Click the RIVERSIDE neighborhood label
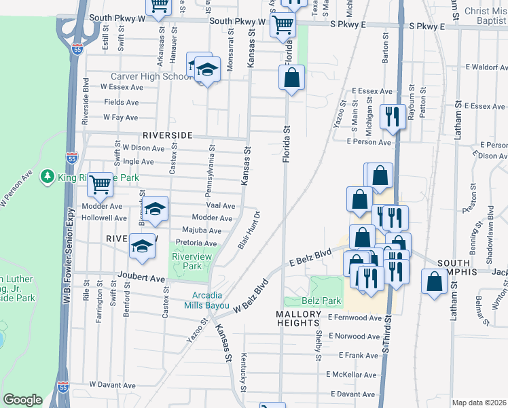tap(168, 135)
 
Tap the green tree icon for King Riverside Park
tap(48, 177)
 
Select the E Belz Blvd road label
tap(310, 258)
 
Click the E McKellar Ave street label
tap(352, 375)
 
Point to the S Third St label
tap(388, 333)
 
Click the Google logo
tap(22, 400)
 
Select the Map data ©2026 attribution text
tap(479, 403)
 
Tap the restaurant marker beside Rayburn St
tap(392, 116)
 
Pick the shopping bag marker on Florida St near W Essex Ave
tap(291, 78)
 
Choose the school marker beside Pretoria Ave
tap(143, 246)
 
